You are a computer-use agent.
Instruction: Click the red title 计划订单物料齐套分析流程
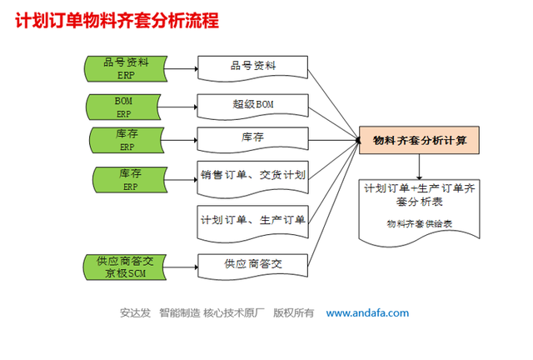117,20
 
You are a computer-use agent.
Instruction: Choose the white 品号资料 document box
253,66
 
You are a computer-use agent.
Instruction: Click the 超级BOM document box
253,106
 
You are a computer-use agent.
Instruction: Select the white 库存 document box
253,138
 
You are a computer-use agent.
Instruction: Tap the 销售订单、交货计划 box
253,175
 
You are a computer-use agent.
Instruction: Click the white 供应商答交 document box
253,263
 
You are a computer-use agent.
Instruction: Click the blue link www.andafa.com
367,313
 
